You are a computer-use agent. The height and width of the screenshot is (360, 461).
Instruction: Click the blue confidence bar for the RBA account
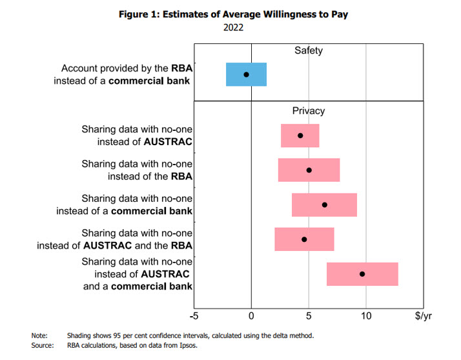255,74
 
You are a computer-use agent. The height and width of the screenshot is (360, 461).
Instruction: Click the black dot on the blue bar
246,74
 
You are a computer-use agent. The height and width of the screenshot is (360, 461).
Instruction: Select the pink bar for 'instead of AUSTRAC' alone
310,135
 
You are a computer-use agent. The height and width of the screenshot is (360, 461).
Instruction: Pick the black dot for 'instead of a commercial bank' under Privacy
324,205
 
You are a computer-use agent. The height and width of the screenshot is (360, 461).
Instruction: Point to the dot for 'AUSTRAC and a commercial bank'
362,274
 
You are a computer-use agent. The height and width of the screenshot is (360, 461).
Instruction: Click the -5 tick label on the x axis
194,315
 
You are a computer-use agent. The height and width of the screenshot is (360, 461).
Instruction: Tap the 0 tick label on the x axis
251,315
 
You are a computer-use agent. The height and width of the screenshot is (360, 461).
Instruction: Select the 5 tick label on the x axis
309,315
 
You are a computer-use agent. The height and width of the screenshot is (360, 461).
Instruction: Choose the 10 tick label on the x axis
366,315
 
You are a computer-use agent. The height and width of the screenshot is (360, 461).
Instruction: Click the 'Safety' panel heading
309,50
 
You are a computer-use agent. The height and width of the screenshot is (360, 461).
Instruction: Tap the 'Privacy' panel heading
309,111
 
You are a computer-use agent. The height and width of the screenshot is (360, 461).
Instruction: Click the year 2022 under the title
234,28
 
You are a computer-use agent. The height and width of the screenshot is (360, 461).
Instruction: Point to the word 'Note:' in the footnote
39,335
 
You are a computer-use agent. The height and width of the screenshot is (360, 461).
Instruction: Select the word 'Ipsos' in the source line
187,345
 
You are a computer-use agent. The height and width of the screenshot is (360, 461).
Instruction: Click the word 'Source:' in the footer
42,345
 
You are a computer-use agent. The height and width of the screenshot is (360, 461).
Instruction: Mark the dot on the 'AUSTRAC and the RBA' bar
304,239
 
